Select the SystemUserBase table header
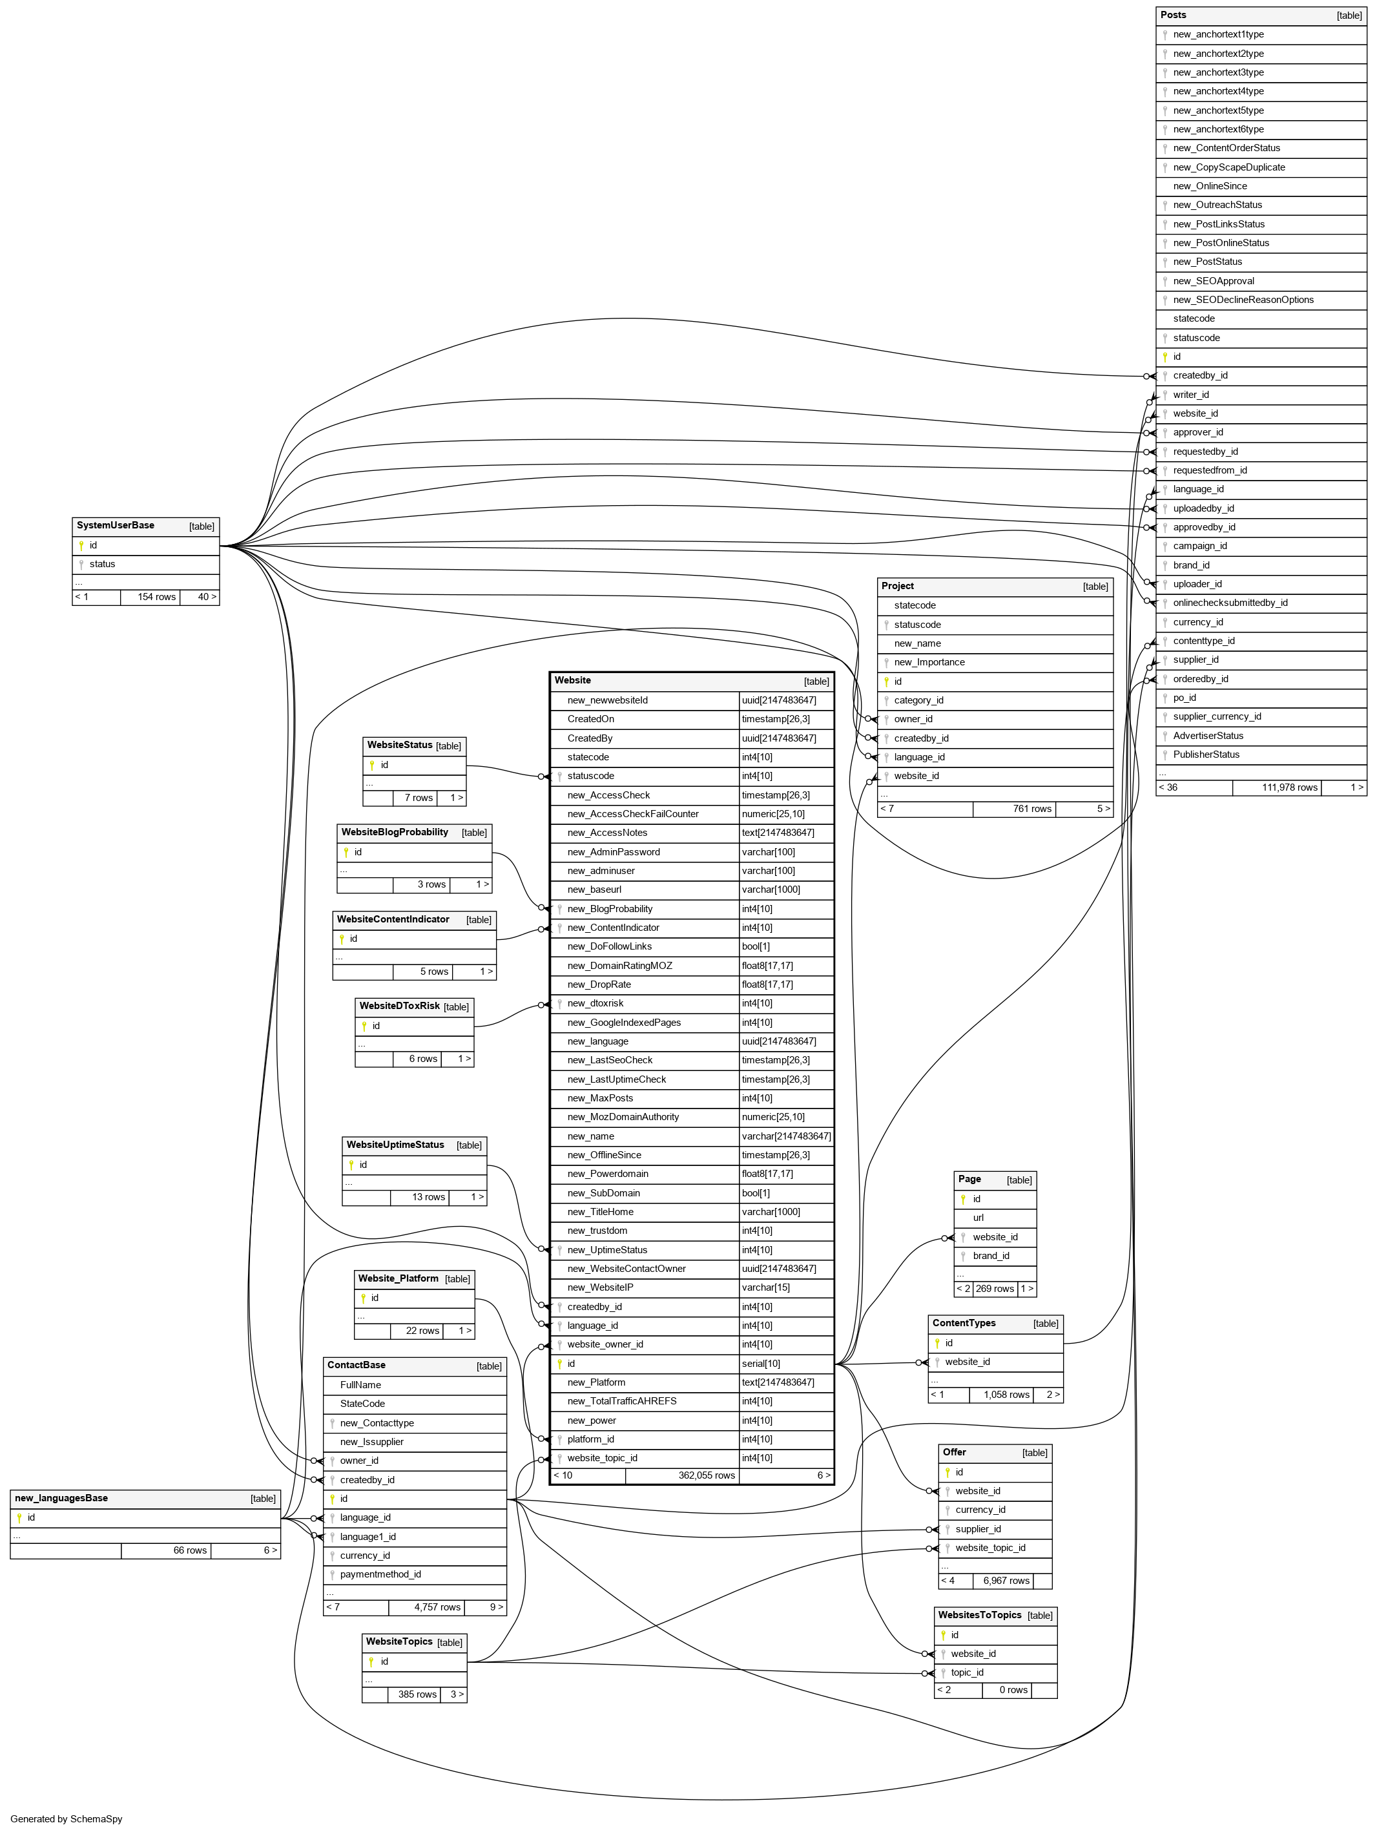coord(115,526)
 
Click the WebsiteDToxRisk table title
coord(399,1006)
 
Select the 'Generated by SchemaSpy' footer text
coord(67,1818)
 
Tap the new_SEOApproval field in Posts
coord(1213,281)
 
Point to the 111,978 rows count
coord(1289,787)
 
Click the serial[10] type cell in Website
coord(760,1363)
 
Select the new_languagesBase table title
coord(61,1498)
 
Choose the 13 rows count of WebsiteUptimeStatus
coord(428,1197)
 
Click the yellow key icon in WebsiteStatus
coord(372,765)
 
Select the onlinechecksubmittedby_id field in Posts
coord(1230,603)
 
